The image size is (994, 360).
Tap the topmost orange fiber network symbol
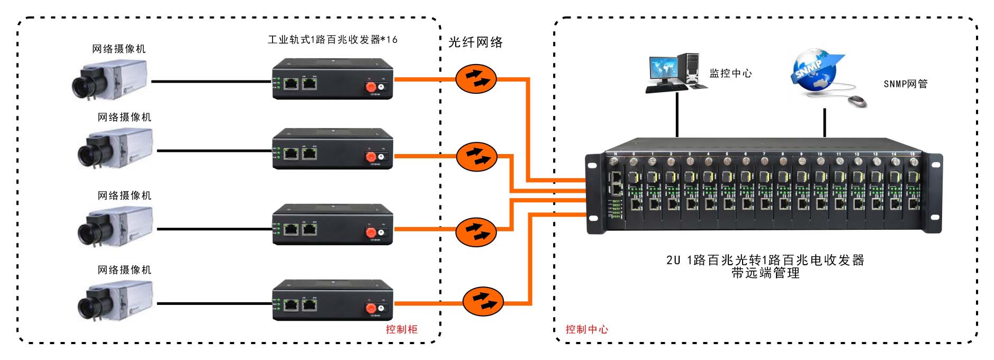[476, 79]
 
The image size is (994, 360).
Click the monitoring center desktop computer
[674, 73]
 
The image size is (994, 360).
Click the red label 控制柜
[401, 329]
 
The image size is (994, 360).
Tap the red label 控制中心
[586, 329]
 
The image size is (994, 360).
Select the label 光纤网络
[475, 42]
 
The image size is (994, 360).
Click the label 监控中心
[730, 74]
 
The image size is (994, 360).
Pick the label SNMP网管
[905, 84]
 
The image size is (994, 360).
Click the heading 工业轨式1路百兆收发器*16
[332, 40]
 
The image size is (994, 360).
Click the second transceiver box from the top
[332, 149]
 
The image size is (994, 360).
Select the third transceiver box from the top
[332, 224]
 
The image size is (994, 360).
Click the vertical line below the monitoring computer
[677, 114]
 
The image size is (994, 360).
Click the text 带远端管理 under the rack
[765, 273]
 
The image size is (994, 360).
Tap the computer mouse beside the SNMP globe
[857, 101]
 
